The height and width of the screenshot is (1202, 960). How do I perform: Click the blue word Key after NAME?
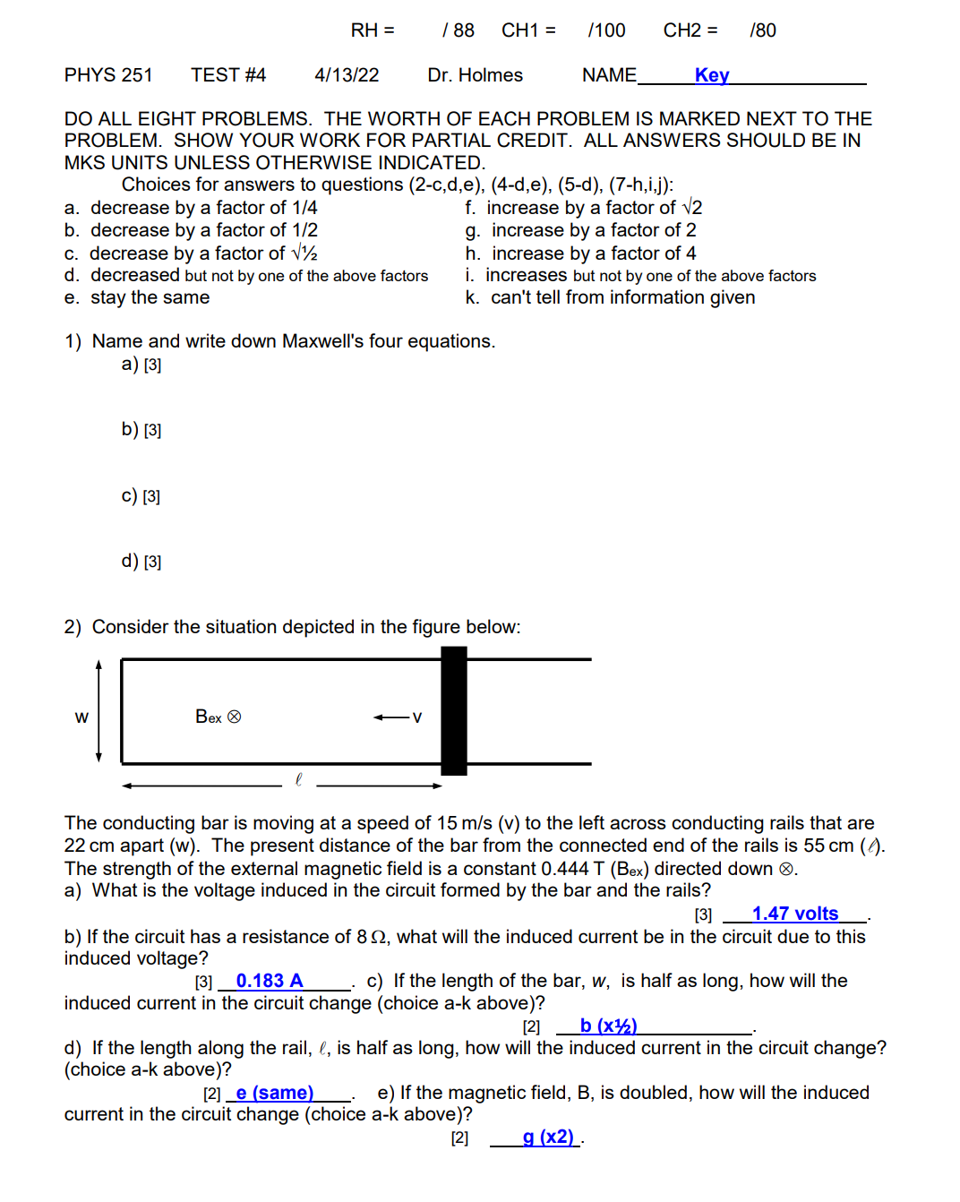(x=712, y=75)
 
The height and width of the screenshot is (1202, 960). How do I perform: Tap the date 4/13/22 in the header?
(x=347, y=75)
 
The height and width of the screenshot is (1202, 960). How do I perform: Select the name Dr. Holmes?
(x=475, y=75)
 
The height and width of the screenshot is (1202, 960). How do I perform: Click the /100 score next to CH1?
(x=606, y=30)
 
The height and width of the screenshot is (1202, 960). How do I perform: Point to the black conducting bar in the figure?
(x=454, y=710)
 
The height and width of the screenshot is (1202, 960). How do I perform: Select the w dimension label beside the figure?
(x=81, y=717)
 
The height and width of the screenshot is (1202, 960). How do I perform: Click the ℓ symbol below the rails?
(x=298, y=780)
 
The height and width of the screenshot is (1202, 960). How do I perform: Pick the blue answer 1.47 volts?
(x=794, y=914)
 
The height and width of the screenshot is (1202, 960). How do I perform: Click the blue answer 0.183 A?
(x=270, y=981)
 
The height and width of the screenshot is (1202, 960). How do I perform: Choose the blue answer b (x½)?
(x=608, y=1026)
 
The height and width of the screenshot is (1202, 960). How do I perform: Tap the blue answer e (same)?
(x=274, y=1093)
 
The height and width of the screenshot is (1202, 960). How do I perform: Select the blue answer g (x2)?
(x=548, y=1138)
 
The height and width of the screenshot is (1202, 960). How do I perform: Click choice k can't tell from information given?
(x=610, y=297)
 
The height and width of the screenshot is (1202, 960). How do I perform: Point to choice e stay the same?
(x=137, y=297)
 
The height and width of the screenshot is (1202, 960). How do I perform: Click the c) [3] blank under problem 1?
(x=141, y=495)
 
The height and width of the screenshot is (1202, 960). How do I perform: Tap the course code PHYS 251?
(x=108, y=75)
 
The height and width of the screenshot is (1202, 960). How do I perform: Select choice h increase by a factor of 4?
(x=580, y=253)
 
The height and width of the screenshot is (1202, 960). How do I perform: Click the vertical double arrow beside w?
(x=99, y=711)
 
